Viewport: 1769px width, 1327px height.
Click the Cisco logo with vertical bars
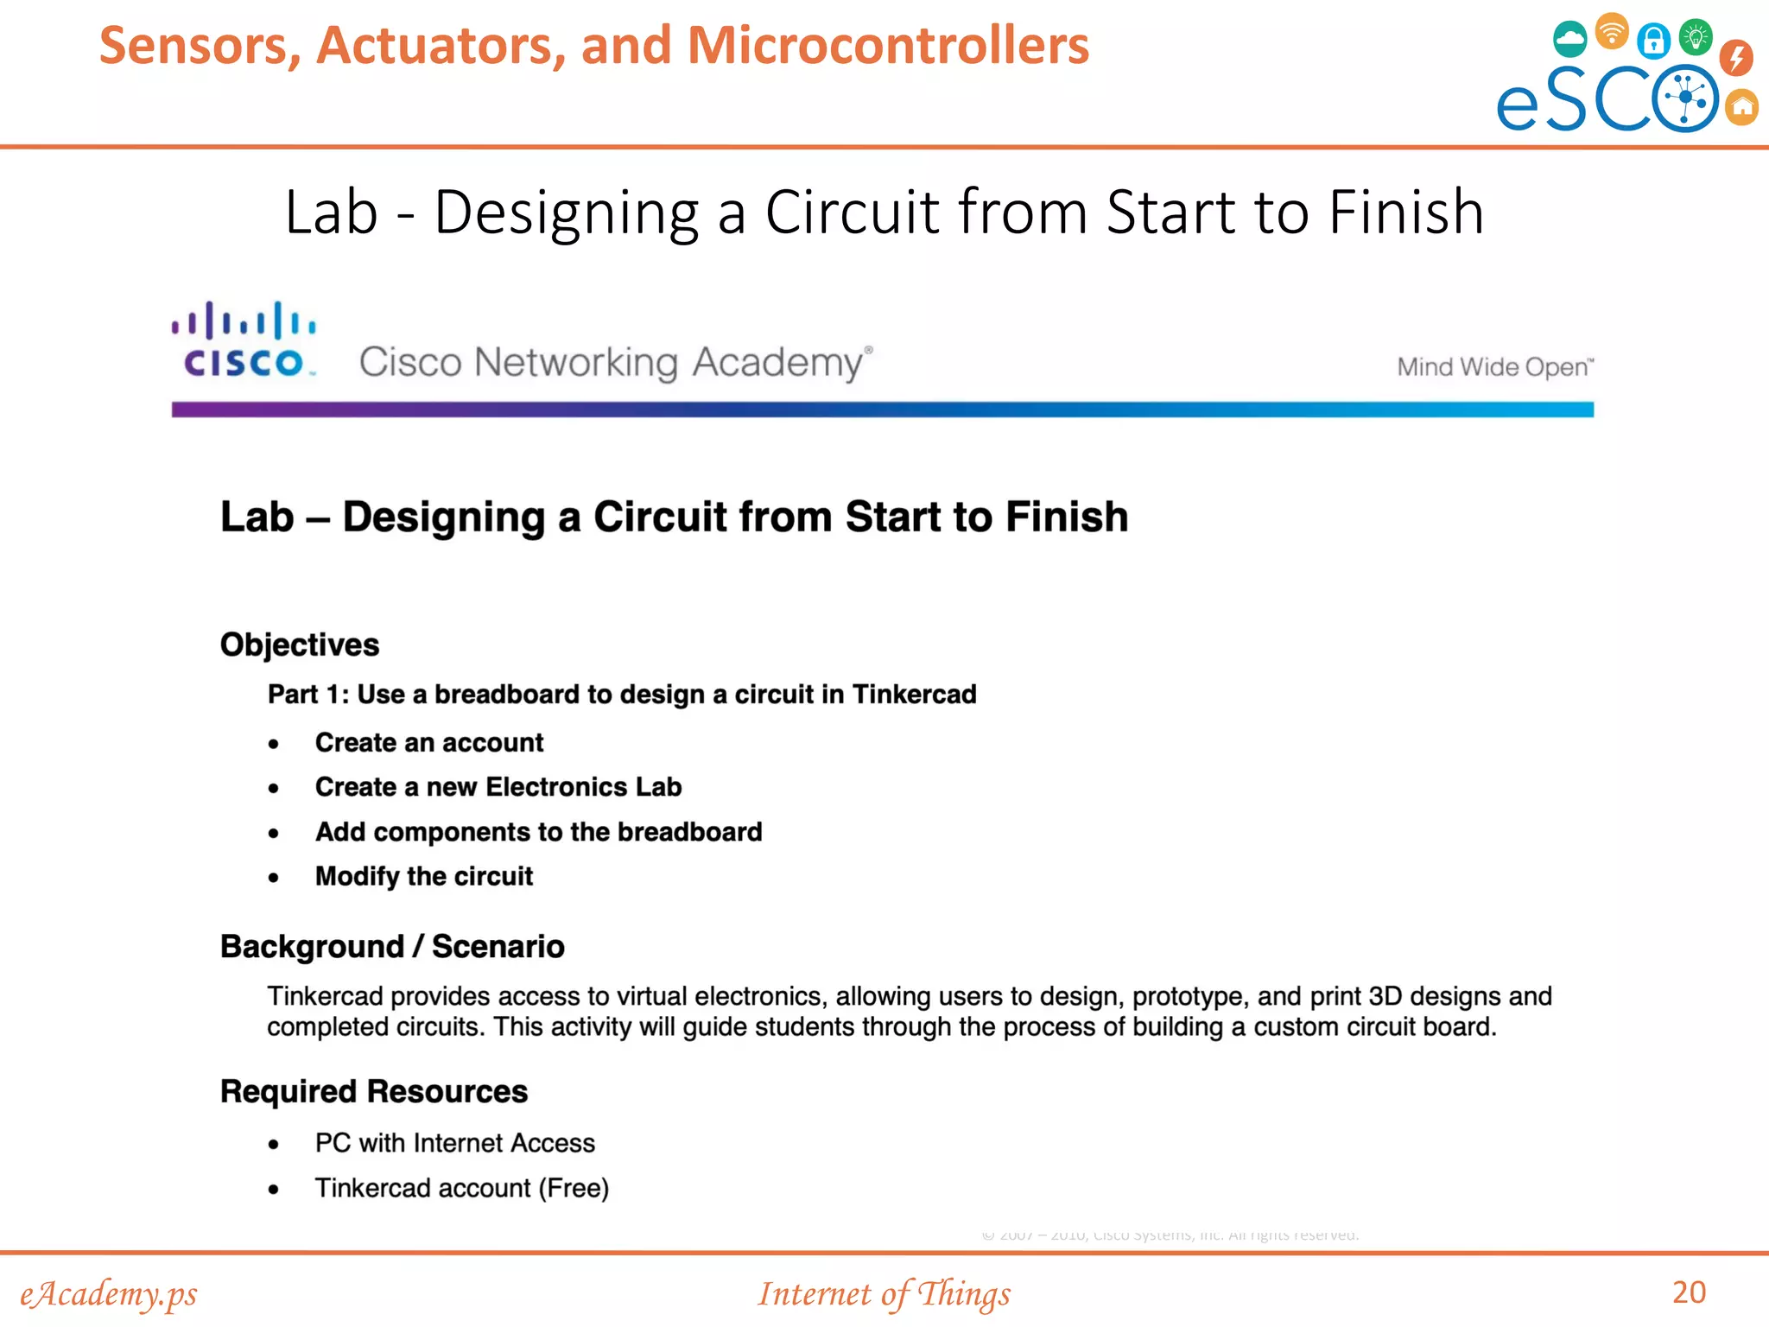(x=244, y=340)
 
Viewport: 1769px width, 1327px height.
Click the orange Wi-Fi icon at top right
(x=1612, y=32)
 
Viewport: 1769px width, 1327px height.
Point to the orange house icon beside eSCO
(x=1742, y=107)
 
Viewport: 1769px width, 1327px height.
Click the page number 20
(x=1689, y=1292)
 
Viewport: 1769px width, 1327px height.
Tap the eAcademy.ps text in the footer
(x=109, y=1293)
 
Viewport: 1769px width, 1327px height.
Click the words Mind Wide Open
(x=1494, y=367)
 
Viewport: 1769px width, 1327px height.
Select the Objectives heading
(x=300, y=644)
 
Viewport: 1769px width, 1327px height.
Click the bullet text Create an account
(x=429, y=742)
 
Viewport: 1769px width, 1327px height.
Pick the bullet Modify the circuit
(x=424, y=876)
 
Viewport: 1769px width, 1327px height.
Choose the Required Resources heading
(x=374, y=1091)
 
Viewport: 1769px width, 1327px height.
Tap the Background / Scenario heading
(x=392, y=946)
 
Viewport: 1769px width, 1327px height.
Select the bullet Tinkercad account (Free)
(x=462, y=1188)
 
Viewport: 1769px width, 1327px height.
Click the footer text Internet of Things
(x=884, y=1293)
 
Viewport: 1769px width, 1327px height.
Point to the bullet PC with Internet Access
(x=455, y=1143)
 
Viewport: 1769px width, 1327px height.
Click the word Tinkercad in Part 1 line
(x=915, y=694)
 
